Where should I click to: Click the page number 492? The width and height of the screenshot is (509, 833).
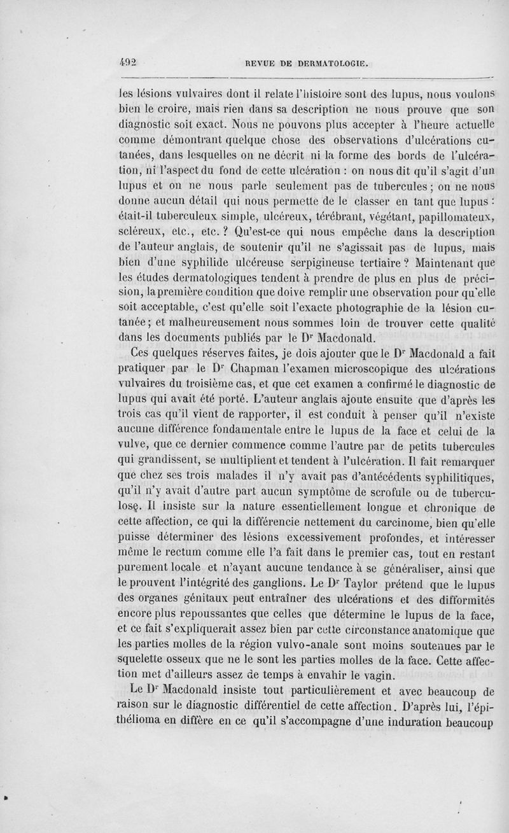point(129,62)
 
